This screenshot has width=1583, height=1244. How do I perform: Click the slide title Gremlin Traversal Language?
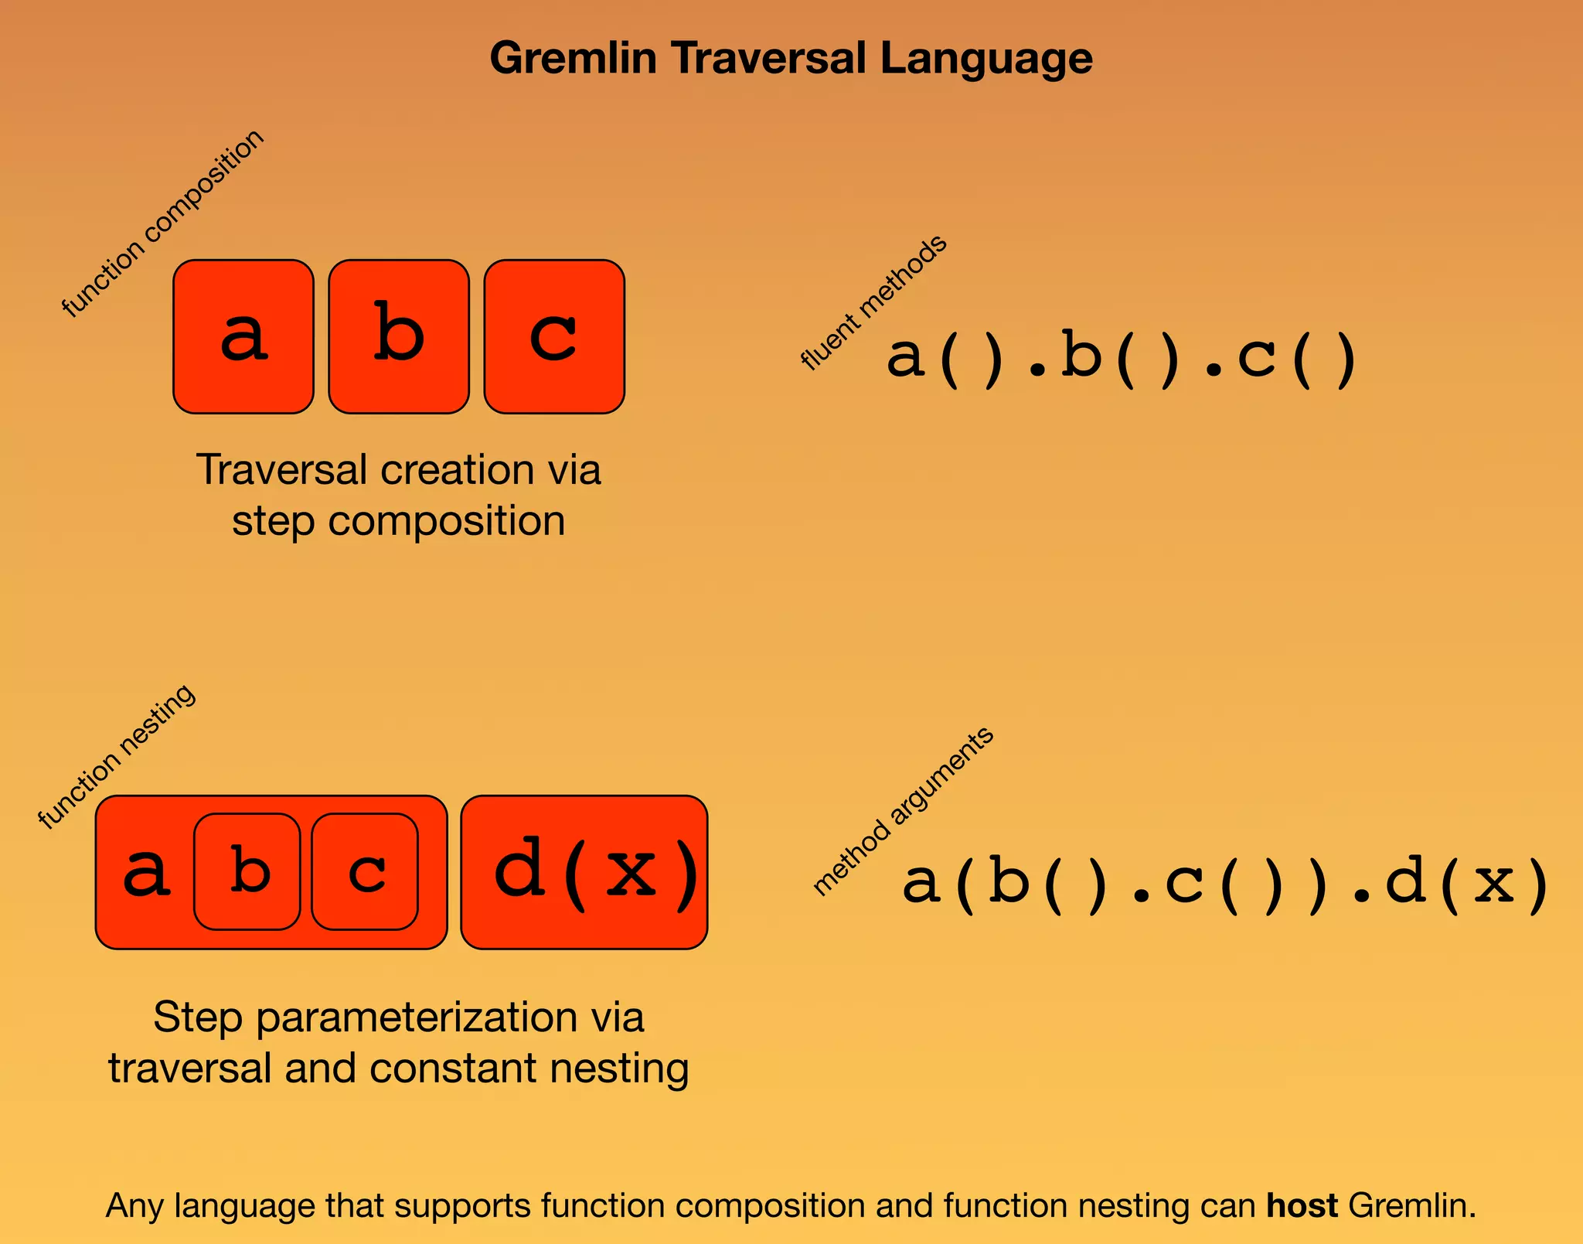791,59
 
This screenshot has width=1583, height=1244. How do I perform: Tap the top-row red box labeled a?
243,336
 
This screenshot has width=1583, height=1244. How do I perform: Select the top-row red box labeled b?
399,336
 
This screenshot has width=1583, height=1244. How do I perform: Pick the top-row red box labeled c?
554,336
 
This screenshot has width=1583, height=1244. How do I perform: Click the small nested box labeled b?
247,871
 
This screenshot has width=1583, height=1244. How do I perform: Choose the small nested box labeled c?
365,871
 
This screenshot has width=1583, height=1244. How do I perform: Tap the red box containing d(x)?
584,872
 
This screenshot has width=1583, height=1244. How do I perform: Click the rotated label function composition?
162,223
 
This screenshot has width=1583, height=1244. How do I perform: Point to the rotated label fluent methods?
873,302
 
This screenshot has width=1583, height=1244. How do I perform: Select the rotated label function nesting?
117,757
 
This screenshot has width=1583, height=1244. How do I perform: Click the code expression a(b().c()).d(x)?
1225,883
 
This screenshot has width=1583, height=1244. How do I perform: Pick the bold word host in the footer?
1302,1206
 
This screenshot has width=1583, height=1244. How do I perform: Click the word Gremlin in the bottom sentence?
1412,1206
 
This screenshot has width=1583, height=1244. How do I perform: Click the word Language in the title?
986,59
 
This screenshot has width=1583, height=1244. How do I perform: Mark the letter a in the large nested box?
146,872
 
